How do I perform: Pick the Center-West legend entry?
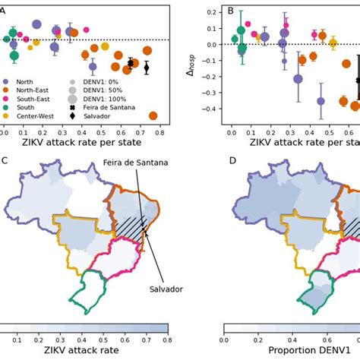click(33, 115)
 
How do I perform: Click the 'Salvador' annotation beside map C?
click(166, 289)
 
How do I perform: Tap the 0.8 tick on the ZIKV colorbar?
click(167, 339)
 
